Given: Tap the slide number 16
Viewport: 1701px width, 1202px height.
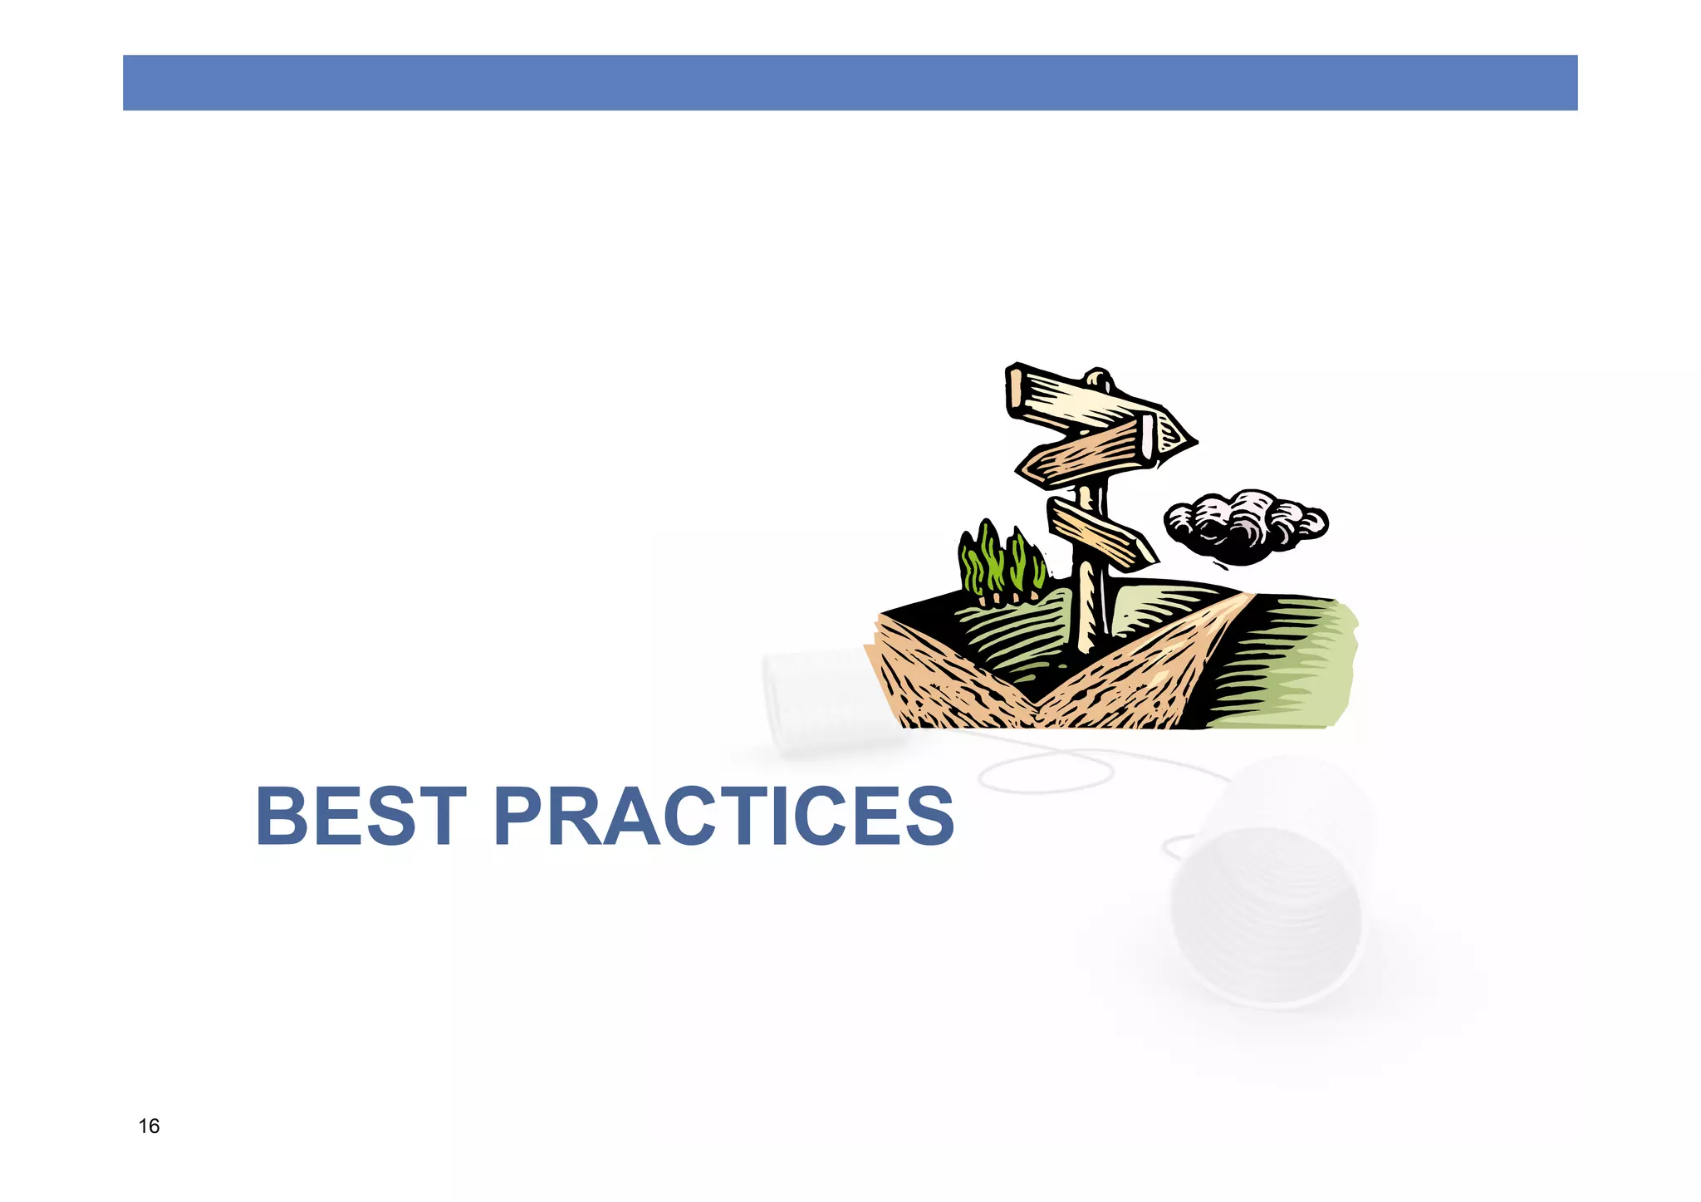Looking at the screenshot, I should [x=149, y=1126].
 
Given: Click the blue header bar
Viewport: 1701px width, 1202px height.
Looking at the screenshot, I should [x=850, y=82].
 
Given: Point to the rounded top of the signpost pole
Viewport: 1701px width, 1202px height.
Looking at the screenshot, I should [x=1099, y=378].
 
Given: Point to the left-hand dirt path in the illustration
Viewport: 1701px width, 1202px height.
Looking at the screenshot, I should [x=939, y=681].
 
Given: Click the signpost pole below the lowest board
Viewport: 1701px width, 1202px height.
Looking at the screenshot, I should [x=1088, y=606].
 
